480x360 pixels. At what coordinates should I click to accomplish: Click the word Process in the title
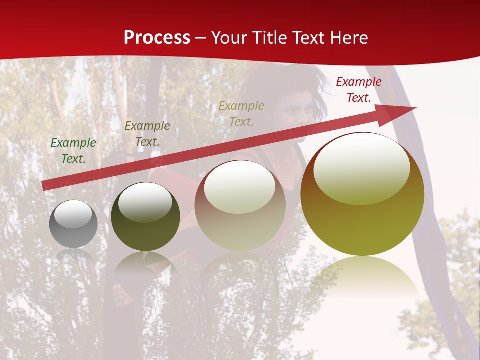tap(157, 38)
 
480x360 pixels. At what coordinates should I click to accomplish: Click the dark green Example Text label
tap(73, 151)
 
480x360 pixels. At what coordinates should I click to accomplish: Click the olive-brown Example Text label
tap(147, 134)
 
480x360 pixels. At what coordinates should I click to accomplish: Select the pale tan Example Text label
tap(241, 113)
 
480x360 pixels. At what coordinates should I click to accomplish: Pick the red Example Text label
tap(358, 90)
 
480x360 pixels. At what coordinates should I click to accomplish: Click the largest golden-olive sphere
tap(362, 225)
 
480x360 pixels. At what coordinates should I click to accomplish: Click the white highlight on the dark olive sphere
tap(145, 202)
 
